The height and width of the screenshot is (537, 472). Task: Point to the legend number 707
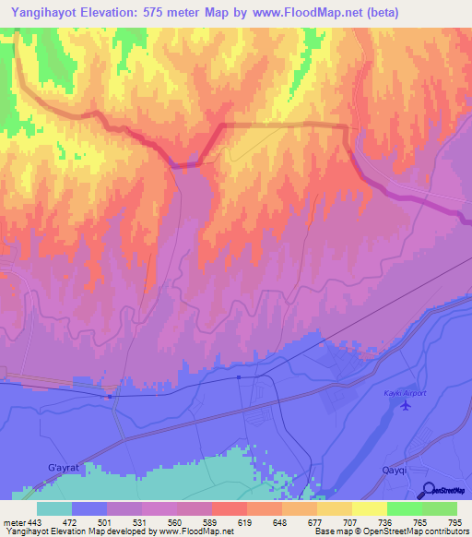(x=337, y=522)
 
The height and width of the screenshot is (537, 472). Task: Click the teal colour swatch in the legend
(x=54, y=508)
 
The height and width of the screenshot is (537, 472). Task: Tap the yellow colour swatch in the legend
(x=369, y=508)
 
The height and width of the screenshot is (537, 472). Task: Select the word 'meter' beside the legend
(x=12, y=522)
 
